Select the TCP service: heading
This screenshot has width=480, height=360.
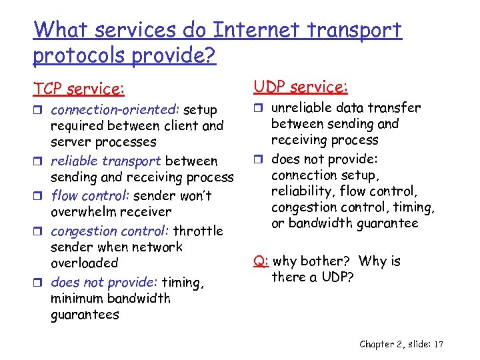point(79,89)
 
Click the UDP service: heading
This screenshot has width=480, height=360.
point(301,87)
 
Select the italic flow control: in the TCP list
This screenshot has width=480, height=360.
point(91,196)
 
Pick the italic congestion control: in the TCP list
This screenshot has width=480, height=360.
point(109,231)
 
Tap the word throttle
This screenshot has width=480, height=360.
point(198,231)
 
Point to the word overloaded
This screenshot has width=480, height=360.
point(84,263)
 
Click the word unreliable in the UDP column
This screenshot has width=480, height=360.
point(301,108)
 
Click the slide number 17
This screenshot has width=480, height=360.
point(438,344)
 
